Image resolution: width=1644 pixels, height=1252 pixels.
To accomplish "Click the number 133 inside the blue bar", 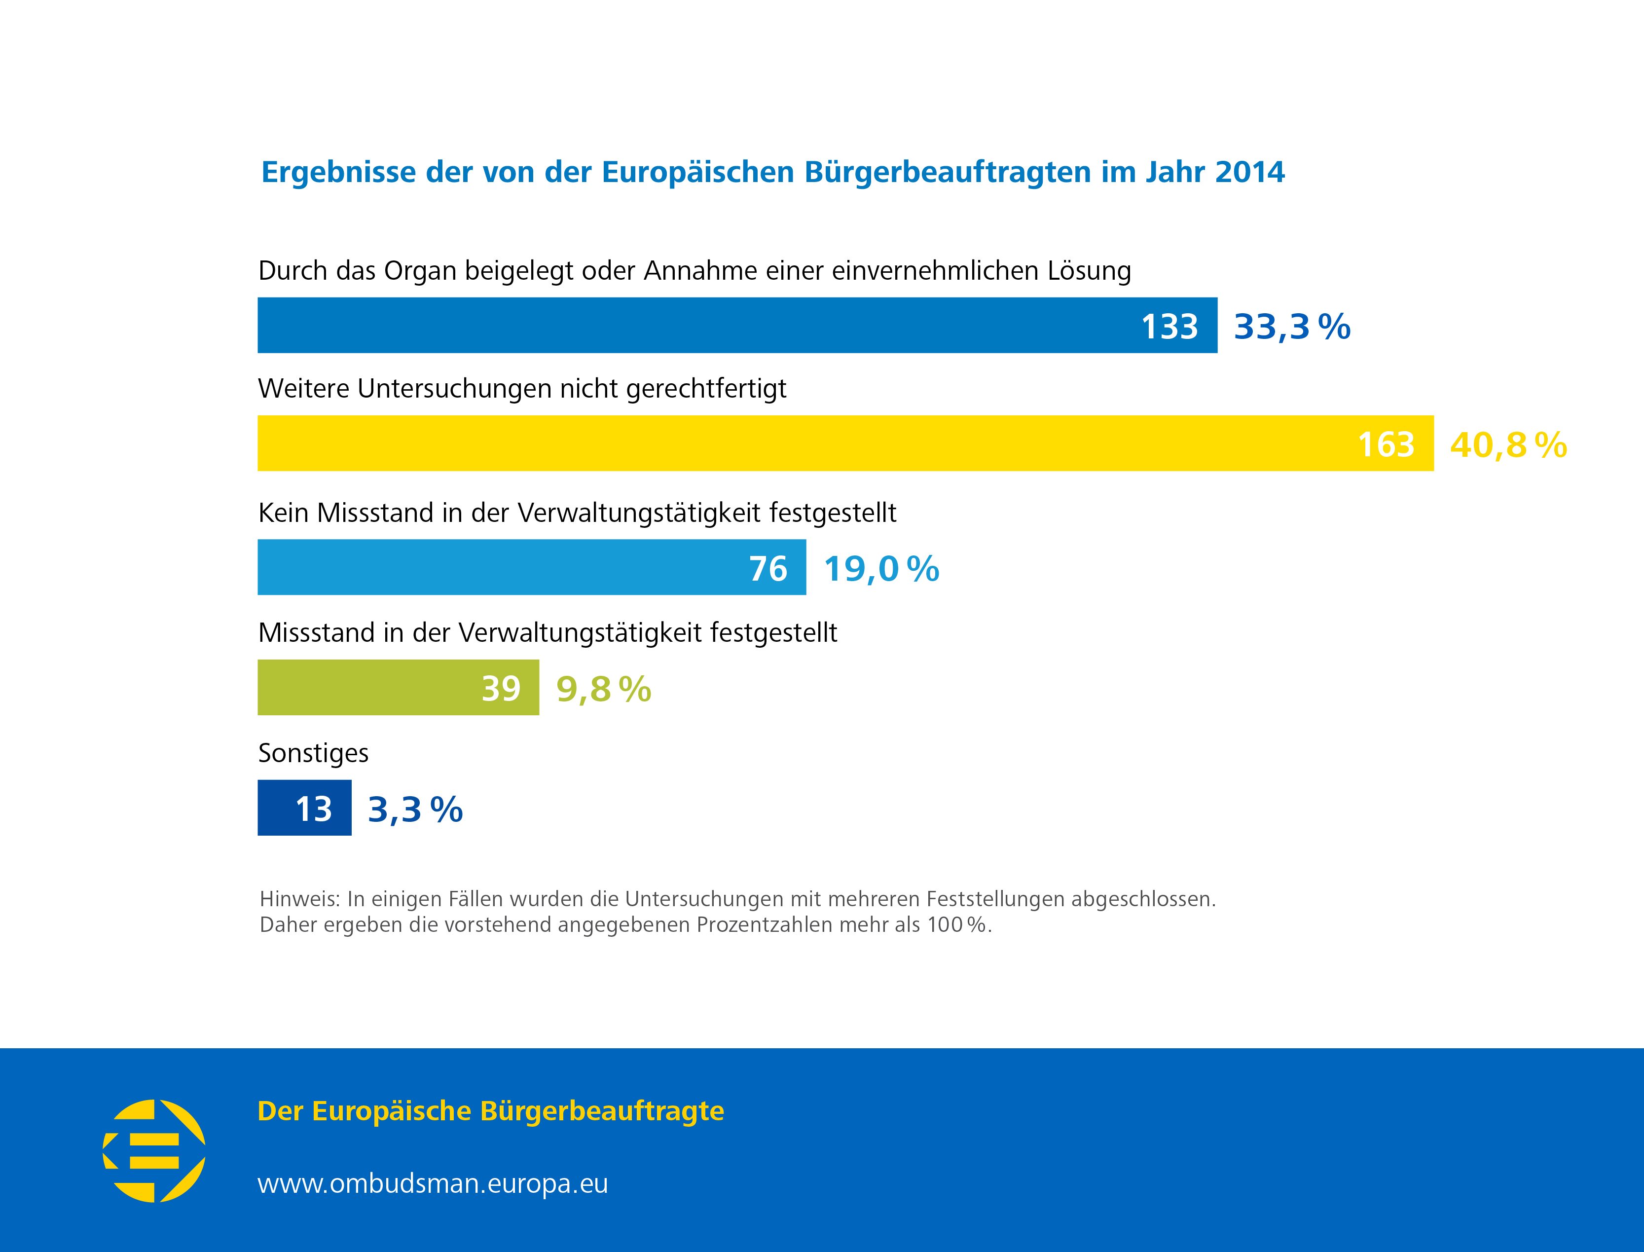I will [x=1169, y=327].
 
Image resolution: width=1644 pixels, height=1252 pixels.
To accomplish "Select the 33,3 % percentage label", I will [x=1291, y=327].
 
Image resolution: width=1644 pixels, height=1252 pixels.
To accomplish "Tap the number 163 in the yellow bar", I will [x=1386, y=445].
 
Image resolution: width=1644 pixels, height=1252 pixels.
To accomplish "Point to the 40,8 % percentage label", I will [x=1508, y=445].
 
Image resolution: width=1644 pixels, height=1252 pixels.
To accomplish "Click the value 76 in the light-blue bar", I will [x=767, y=569].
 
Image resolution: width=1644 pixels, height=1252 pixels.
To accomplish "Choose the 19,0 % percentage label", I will [x=881, y=569].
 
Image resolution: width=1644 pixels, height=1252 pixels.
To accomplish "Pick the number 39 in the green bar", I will [x=500, y=689].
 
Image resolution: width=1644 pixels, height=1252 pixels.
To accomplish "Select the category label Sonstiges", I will [x=313, y=753].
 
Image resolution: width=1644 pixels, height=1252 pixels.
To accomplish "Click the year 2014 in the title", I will [x=1250, y=172].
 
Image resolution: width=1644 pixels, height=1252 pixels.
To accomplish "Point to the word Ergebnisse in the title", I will [x=338, y=172].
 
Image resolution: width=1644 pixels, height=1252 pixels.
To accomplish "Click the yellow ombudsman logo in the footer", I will [x=154, y=1151].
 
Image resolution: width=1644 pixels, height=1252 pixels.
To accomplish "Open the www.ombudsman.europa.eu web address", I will [x=432, y=1183].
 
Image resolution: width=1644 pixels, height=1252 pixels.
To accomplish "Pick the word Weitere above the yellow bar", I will [x=303, y=388].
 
